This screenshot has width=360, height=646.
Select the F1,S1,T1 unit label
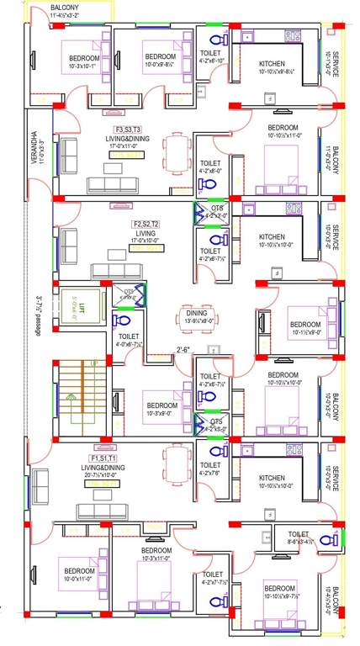(x=105, y=458)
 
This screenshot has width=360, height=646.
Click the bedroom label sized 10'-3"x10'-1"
(x=83, y=62)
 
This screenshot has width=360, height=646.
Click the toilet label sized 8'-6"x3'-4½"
(x=299, y=537)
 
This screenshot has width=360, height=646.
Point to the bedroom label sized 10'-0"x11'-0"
(x=80, y=575)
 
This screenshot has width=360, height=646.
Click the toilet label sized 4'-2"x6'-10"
(x=210, y=56)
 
